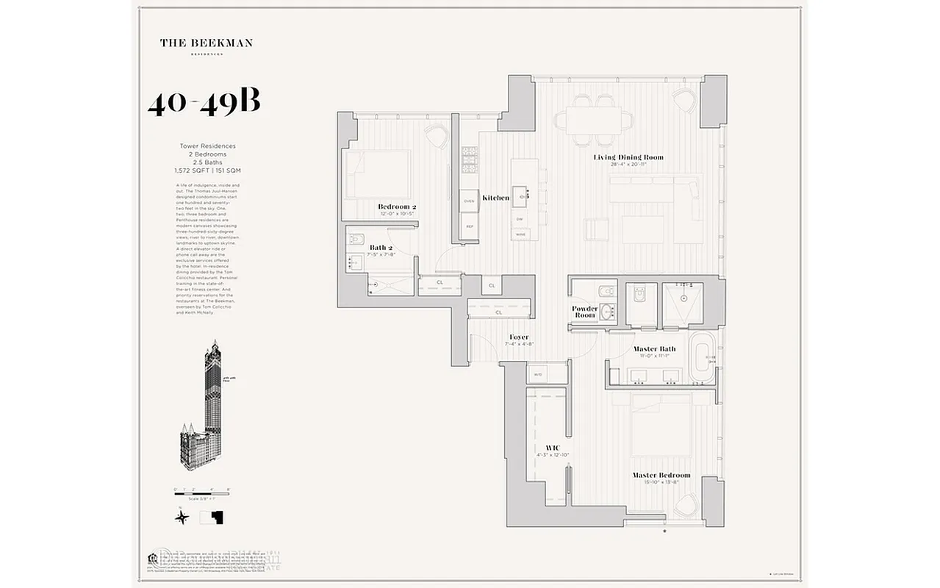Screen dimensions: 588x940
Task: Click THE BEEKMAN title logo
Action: coord(207,43)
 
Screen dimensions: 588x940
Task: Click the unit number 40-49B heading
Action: coord(204,104)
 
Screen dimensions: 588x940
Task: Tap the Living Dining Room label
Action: coord(628,157)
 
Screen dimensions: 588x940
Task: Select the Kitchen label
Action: coord(495,198)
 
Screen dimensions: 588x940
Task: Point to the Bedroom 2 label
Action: coord(397,207)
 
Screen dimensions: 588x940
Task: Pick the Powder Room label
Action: coord(585,312)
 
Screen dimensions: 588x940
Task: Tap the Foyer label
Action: coord(519,337)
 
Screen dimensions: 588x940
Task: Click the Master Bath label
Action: coord(654,349)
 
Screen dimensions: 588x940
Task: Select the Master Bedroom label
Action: coord(661,476)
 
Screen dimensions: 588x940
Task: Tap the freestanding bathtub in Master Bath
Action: coord(702,359)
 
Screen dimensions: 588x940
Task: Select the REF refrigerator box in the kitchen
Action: coord(470,226)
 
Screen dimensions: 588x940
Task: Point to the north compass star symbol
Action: coord(181,517)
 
